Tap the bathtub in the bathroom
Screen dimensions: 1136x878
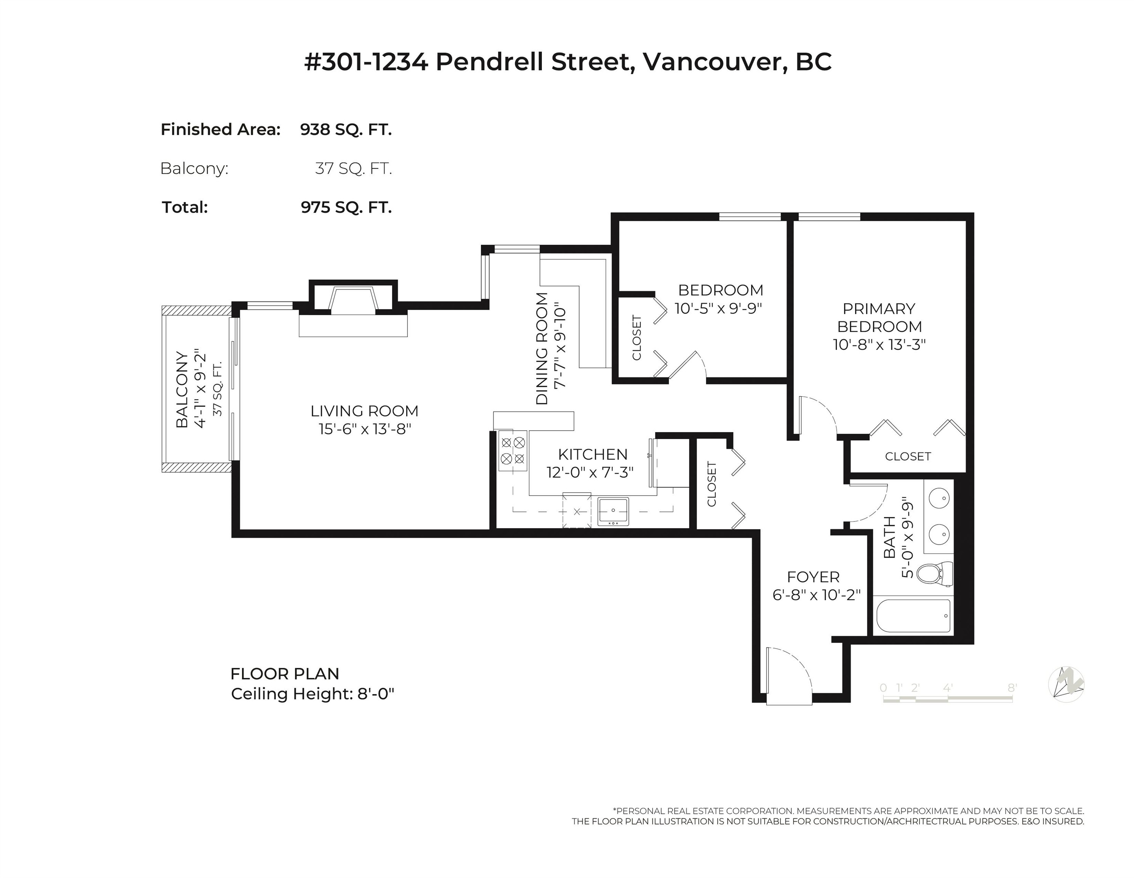[913, 616]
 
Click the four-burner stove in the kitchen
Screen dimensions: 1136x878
[512, 450]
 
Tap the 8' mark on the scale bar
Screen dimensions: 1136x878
[1012, 687]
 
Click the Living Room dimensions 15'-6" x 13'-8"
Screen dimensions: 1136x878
[365, 429]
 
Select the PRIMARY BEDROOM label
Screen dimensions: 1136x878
[879, 317]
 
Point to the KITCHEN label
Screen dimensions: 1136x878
[593, 454]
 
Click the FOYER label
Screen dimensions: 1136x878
[813, 577]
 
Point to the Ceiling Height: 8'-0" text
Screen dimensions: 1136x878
[312, 694]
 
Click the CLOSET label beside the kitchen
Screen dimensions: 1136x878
[711, 484]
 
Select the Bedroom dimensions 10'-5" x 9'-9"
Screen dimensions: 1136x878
[718, 308]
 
